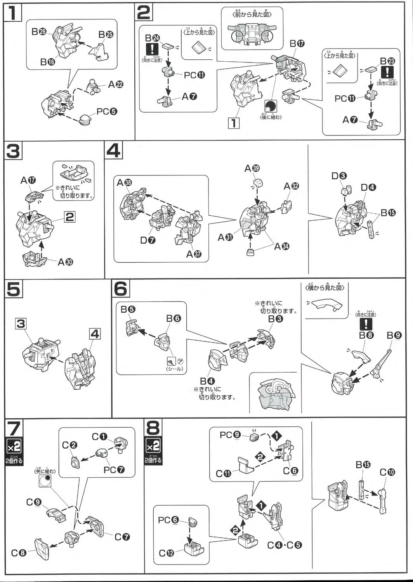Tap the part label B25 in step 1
click(106, 35)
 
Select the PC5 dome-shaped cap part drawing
click(85, 120)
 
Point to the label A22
click(116, 84)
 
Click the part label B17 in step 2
click(297, 43)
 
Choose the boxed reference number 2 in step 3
click(69, 217)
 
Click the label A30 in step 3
click(65, 262)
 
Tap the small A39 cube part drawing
click(258, 183)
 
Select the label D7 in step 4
click(148, 240)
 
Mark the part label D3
click(339, 176)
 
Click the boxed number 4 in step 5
click(95, 334)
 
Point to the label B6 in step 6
click(173, 319)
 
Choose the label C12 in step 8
click(167, 553)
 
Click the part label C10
click(387, 472)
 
